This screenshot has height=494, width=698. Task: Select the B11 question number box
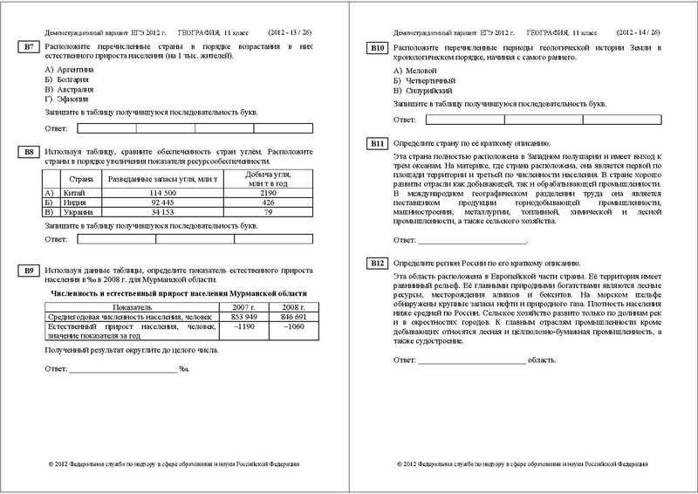378,142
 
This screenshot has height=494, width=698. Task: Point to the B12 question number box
378,263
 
